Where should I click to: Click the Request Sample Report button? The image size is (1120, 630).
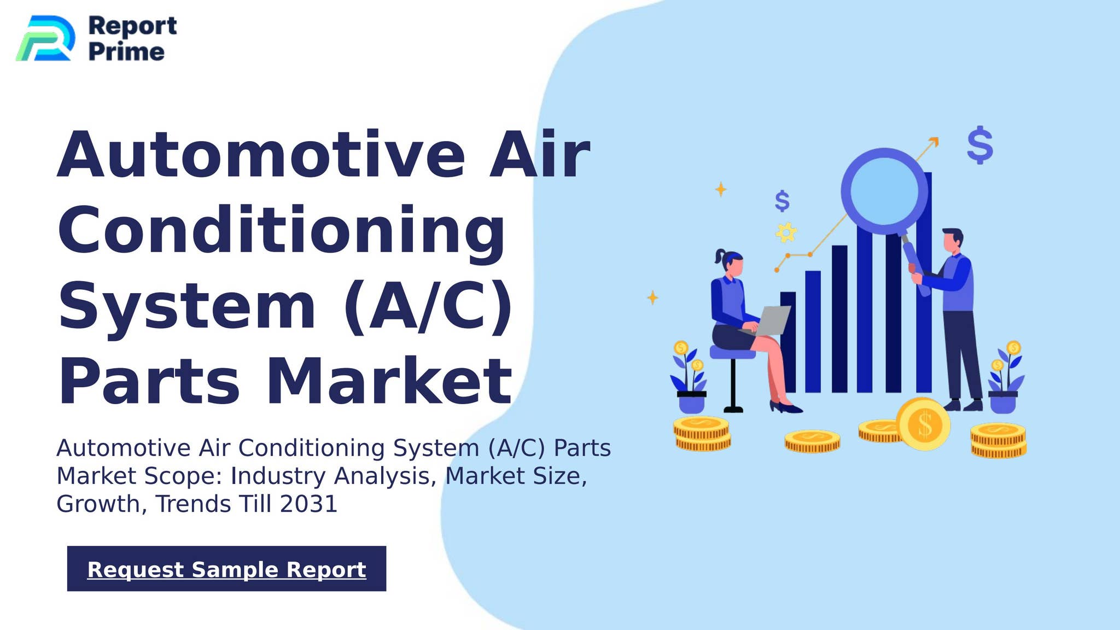(x=226, y=569)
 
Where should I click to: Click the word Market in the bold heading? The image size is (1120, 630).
(x=389, y=381)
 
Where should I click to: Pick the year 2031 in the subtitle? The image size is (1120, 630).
(x=308, y=504)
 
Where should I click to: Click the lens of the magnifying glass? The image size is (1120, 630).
(x=884, y=191)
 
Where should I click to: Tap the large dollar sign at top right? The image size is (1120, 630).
(x=979, y=145)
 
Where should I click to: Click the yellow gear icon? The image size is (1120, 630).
(x=786, y=232)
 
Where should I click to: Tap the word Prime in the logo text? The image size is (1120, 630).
(x=126, y=52)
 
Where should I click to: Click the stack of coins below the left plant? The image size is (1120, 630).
(x=702, y=434)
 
